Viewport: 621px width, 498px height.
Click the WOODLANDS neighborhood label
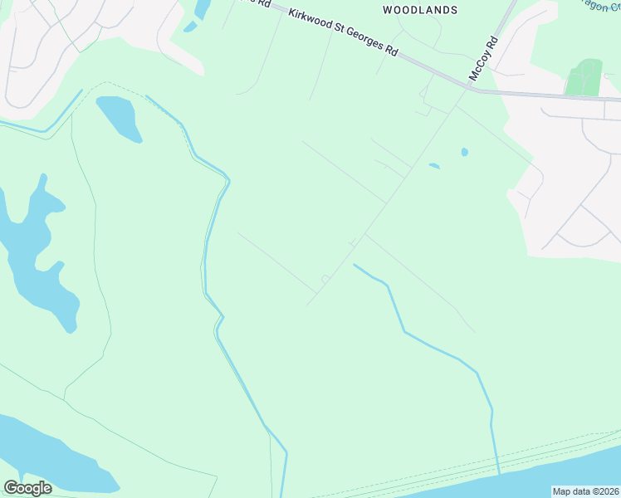419,10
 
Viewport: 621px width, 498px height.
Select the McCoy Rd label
483,58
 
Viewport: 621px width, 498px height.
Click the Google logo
27,487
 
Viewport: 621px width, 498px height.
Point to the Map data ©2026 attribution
585,491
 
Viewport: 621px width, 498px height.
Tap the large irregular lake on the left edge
33,249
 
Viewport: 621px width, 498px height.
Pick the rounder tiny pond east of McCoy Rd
464,152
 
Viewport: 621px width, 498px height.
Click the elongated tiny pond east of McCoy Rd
433,166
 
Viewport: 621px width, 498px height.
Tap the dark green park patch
584,78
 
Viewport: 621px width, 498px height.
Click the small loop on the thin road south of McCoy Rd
325,279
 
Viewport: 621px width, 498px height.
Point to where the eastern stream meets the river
499,474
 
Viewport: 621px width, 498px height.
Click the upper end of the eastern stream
355,265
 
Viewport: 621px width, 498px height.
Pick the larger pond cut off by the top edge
202,8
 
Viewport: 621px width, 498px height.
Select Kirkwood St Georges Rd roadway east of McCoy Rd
548,95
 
